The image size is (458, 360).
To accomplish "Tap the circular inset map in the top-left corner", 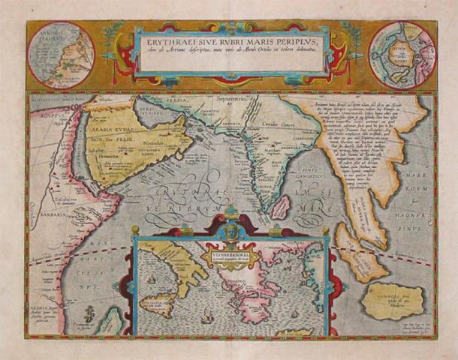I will pos(60,55).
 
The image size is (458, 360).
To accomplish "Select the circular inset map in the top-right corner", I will pos(402,54).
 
